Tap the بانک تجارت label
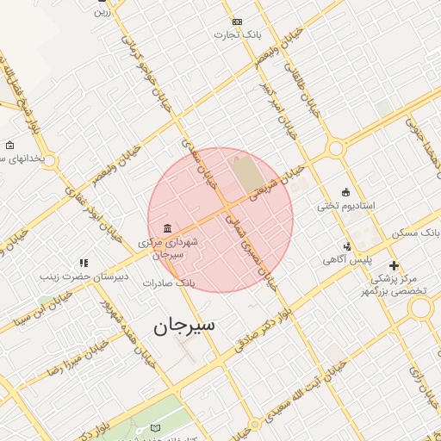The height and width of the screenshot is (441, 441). click(238, 35)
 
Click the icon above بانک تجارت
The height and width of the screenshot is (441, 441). click(238, 22)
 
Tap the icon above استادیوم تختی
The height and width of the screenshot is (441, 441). click(345, 192)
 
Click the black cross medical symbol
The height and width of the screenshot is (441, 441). click(394, 266)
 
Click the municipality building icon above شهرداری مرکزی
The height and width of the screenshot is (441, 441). click(166, 228)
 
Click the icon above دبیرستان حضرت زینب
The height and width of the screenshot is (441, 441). click(84, 263)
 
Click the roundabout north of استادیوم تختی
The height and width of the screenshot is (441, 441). click(336, 148)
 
